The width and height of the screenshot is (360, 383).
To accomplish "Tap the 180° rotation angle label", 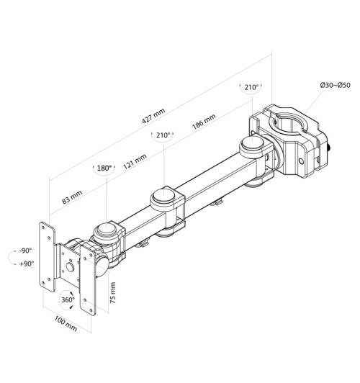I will (x=104, y=168).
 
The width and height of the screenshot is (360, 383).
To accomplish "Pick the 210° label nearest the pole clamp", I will (x=251, y=88).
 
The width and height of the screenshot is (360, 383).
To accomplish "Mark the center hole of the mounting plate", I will (x=71, y=270).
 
